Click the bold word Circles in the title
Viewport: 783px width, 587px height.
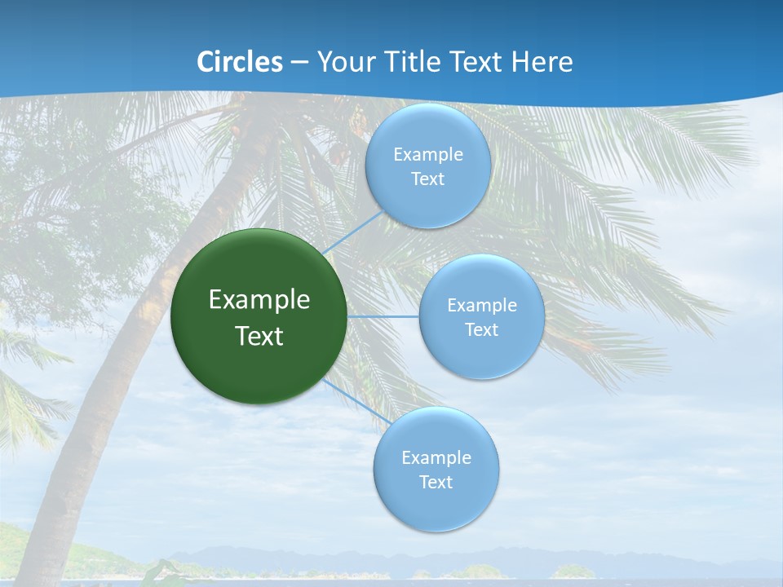point(240,62)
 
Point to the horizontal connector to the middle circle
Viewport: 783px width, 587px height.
point(383,316)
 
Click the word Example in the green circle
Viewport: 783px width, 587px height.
point(259,299)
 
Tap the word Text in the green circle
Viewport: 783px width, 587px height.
point(259,336)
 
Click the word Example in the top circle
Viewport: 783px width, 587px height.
point(427,155)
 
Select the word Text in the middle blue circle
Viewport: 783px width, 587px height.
point(481,330)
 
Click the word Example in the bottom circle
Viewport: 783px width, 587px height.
point(436,458)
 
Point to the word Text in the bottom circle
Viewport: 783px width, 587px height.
point(436,483)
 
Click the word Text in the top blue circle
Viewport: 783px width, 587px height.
point(427,179)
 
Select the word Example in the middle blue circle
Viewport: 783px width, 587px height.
point(481,306)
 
